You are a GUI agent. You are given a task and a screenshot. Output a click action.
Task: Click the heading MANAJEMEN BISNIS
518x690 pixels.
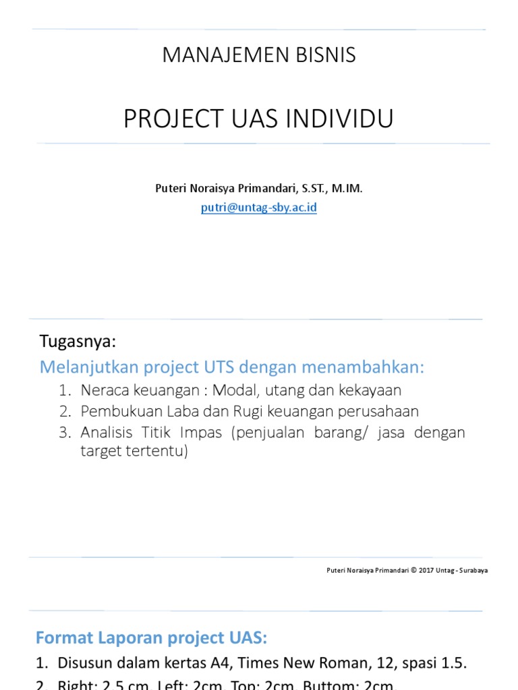pos(259,56)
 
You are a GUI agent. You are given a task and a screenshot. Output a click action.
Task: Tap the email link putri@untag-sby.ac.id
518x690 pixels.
pos(259,208)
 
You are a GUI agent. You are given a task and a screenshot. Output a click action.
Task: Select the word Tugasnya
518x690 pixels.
pos(78,342)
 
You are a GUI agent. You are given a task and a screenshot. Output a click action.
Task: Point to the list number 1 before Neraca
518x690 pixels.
pos(64,390)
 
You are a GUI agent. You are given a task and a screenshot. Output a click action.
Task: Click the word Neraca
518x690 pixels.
pos(104,390)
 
